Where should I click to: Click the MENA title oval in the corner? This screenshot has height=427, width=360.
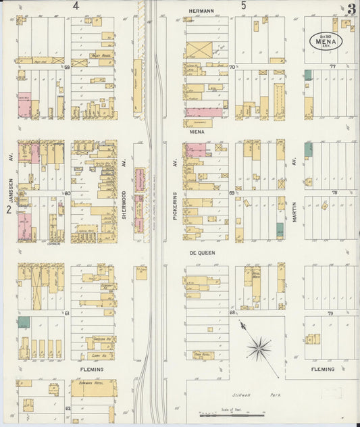326,41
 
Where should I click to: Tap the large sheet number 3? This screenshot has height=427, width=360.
351,9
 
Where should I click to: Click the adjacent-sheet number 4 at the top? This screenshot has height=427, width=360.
76,6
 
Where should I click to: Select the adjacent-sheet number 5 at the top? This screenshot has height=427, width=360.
244,6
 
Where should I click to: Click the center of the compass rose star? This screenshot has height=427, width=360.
258,349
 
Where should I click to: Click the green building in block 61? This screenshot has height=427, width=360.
24,322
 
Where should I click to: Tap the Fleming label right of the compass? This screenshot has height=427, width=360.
323,370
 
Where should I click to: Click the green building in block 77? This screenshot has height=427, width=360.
308,76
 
